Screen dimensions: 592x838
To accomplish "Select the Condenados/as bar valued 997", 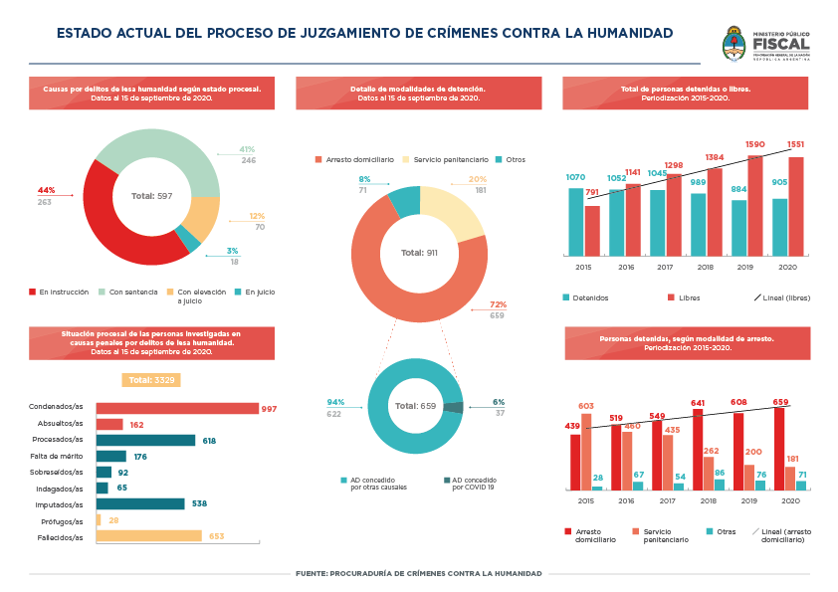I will coord(176,408).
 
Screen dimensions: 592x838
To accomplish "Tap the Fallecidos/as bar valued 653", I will coord(148,536).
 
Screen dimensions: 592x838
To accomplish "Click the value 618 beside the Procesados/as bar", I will coord(209,440).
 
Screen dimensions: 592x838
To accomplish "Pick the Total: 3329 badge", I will coord(151,379).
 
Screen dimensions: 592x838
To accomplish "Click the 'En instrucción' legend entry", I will coord(59,292).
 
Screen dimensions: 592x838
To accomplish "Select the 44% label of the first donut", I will coord(46,190).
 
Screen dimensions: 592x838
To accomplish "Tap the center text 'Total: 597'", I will coord(151,196).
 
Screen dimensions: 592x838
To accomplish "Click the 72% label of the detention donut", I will coord(498,304).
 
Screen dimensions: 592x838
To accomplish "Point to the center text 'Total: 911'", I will coord(419,253).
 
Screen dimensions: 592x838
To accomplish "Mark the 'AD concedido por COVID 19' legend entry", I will coord(471,483).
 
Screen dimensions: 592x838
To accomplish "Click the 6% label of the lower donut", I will coord(499,402).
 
